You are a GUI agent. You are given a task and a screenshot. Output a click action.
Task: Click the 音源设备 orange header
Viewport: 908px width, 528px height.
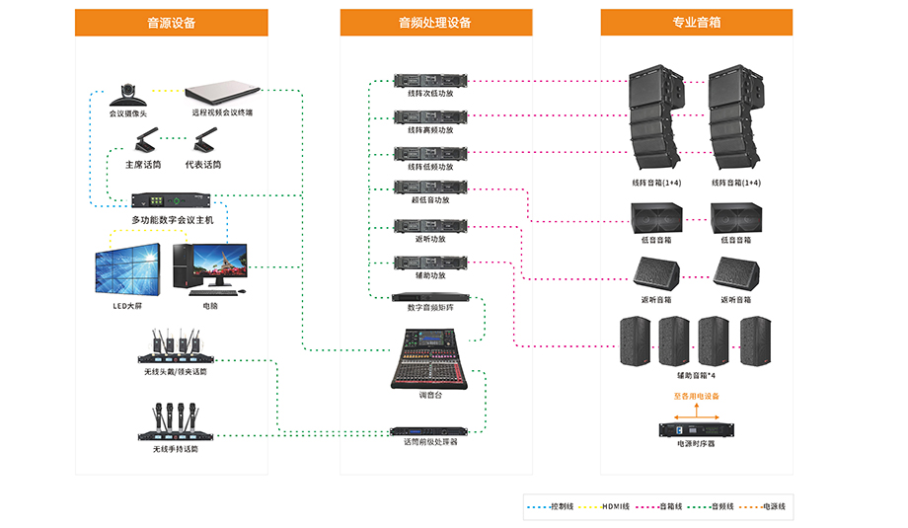171,23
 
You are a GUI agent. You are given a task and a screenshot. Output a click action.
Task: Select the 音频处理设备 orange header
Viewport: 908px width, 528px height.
435,23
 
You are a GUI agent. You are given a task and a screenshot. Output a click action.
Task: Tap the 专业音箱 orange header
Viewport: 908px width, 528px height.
696,23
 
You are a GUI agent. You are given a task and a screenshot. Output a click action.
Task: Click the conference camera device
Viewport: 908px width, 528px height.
126,94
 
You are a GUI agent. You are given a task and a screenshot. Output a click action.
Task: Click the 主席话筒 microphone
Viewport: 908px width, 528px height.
143,139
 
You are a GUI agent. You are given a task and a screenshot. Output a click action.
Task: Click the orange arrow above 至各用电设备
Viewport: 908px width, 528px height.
697,406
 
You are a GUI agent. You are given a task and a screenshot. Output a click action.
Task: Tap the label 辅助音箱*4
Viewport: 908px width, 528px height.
696,375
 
